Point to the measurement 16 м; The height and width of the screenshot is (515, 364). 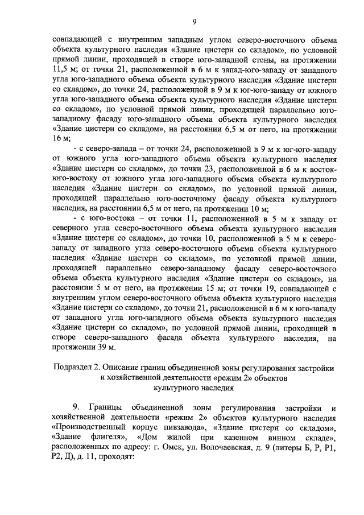[61, 138]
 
